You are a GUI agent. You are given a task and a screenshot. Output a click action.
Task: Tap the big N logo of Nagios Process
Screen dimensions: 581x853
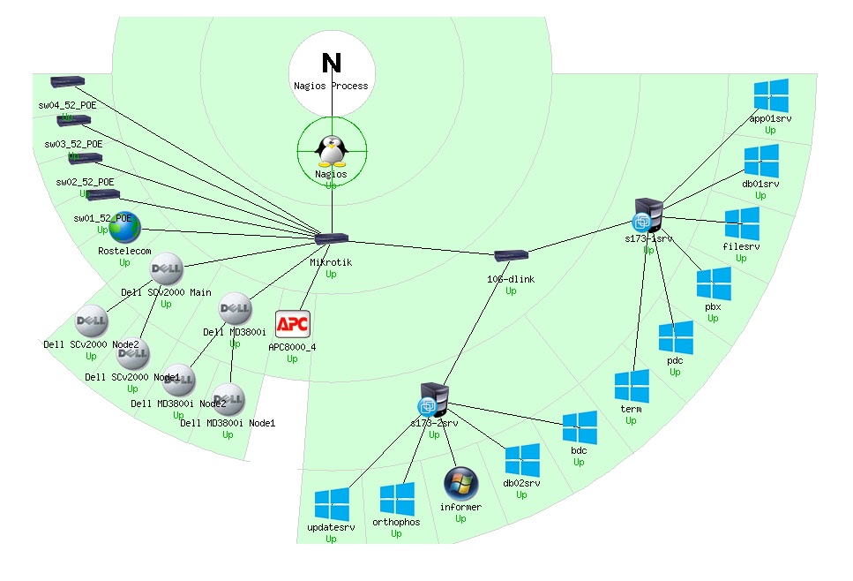click(x=332, y=63)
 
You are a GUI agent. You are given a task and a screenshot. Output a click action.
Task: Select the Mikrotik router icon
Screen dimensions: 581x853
click(x=332, y=238)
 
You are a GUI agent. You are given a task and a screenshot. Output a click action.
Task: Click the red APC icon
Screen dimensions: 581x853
click(x=292, y=324)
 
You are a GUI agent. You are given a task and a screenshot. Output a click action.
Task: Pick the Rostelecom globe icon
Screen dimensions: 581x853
click(x=124, y=228)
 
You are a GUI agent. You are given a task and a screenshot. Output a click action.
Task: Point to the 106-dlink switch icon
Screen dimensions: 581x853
click(x=511, y=256)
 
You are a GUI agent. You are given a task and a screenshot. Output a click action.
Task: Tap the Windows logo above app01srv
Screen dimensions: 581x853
click(x=771, y=94)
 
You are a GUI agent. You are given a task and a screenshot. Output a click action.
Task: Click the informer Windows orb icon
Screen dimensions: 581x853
click(x=460, y=483)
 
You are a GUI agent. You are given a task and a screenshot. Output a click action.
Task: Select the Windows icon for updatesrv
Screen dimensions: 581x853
click(x=333, y=504)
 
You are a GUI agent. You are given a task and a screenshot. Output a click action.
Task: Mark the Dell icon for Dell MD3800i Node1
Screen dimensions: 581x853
click(x=228, y=399)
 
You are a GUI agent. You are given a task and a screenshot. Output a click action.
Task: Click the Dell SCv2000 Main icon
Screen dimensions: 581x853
click(x=166, y=268)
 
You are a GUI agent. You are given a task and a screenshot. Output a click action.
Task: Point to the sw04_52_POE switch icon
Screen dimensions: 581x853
click(x=67, y=81)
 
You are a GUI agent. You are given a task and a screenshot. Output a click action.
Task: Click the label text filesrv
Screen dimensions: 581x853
click(x=741, y=246)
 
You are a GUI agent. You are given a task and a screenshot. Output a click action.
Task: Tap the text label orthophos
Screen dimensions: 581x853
click(x=396, y=521)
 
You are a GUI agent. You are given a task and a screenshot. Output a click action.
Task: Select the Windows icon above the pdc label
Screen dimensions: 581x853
click(x=676, y=337)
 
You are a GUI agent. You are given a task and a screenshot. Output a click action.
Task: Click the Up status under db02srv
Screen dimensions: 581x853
click(x=521, y=495)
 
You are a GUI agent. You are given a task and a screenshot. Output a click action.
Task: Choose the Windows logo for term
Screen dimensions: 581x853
click(x=632, y=386)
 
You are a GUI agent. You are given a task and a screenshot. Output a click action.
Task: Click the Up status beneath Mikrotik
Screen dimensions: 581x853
click(x=332, y=275)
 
